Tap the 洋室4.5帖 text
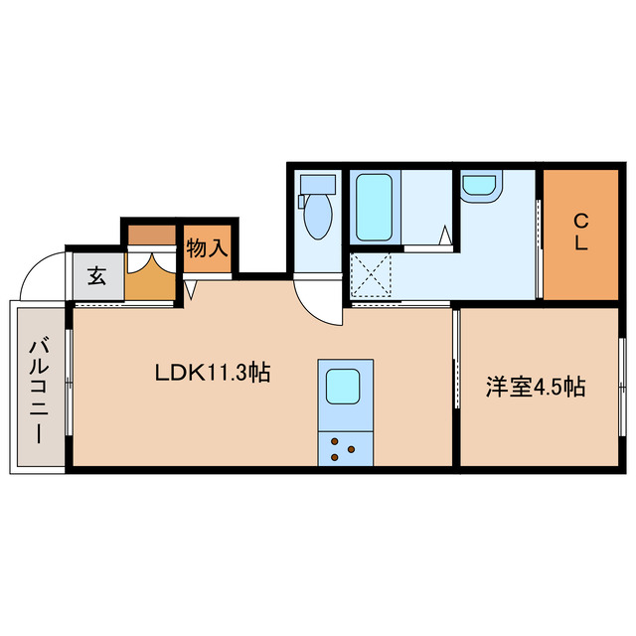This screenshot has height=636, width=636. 535,388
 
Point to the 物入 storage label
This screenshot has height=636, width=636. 207,248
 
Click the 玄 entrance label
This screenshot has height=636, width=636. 96,276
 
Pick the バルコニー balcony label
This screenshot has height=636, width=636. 39,389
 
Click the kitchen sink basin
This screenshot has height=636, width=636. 344,384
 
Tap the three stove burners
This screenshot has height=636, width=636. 343,448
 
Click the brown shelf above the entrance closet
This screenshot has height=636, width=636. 151,236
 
